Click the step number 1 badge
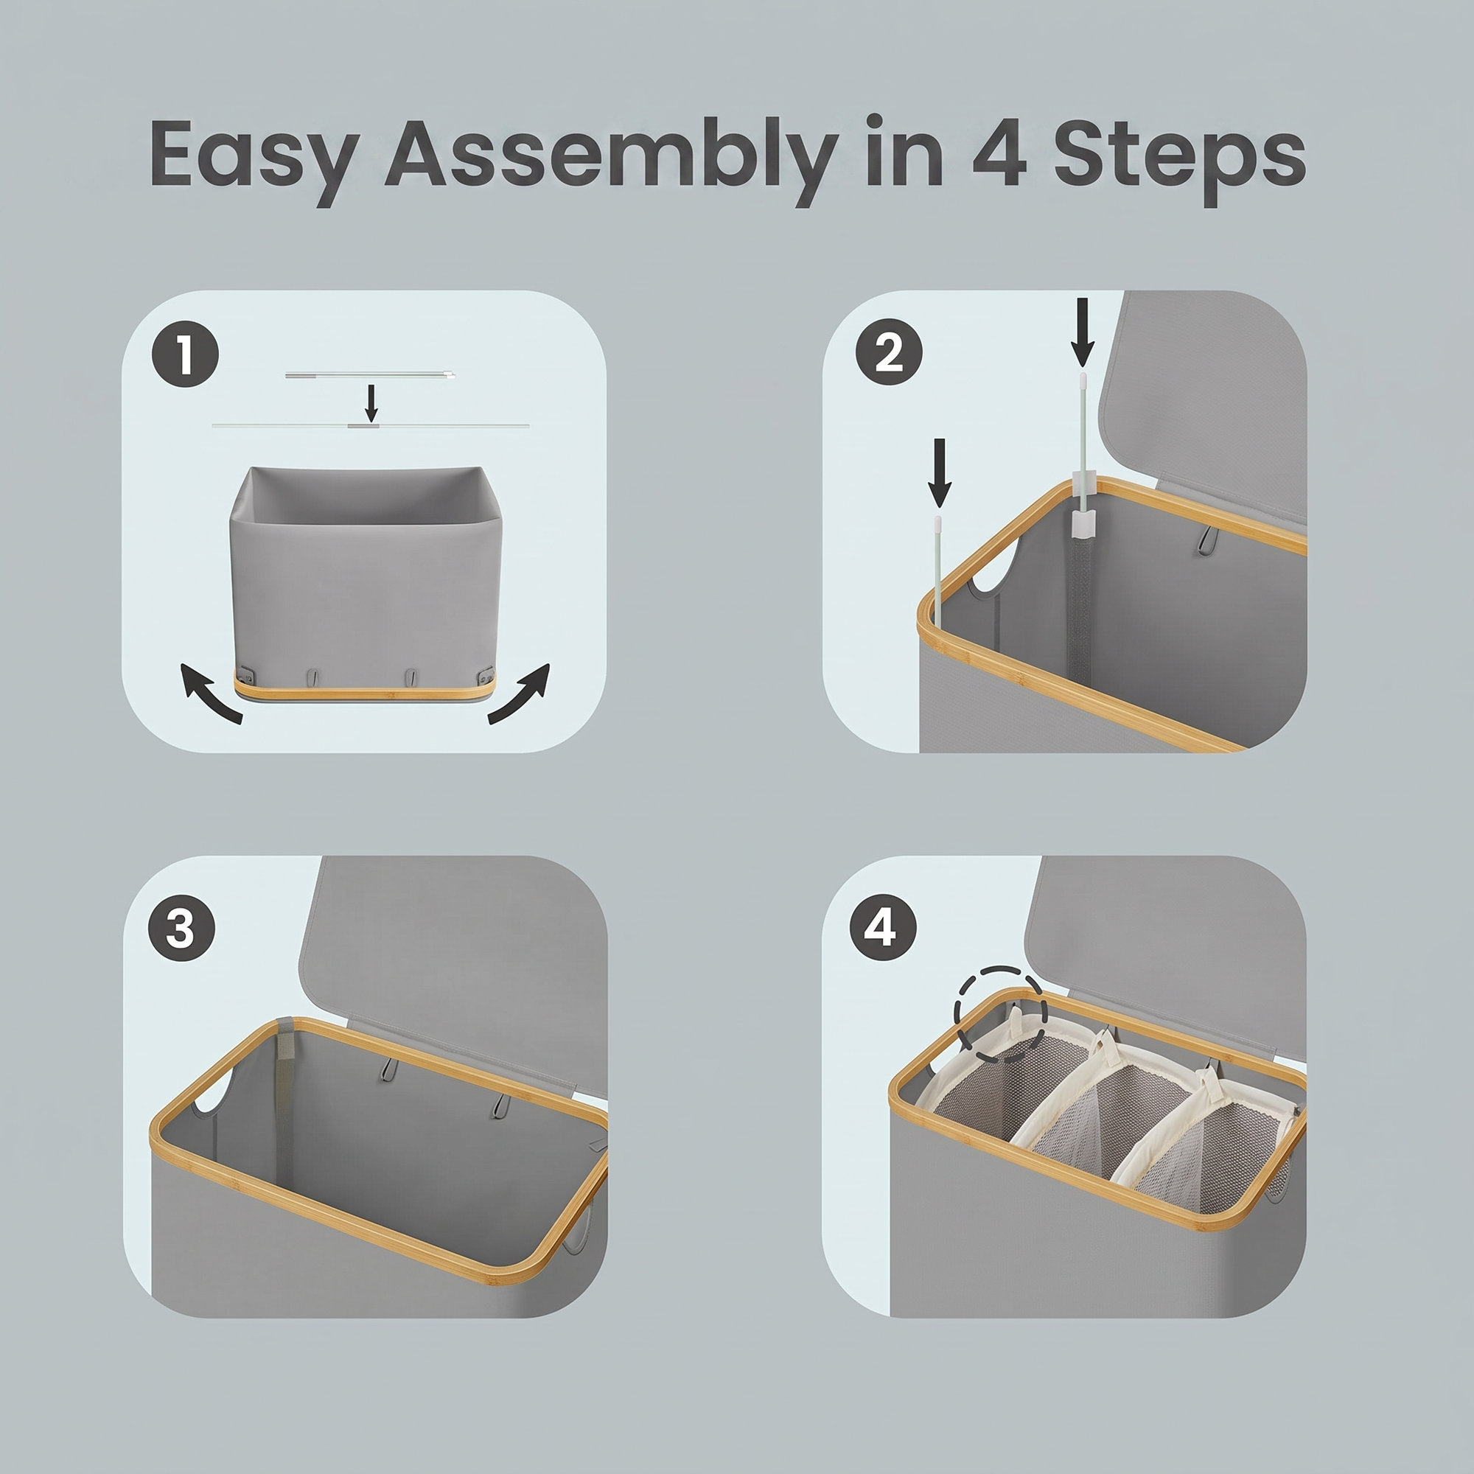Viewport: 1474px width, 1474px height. pyautogui.click(x=186, y=354)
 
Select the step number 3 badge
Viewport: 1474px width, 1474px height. pyautogui.click(x=181, y=929)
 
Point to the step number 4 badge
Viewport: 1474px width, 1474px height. pyautogui.click(x=883, y=929)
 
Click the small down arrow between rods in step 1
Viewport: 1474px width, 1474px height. pyautogui.click(x=371, y=403)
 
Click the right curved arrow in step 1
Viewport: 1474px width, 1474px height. pyautogui.click(x=520, y=694)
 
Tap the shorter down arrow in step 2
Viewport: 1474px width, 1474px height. pyautogui.click(x=939, y=473)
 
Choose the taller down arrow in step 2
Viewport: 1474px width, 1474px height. pyautogui.click(x=1082, y=331)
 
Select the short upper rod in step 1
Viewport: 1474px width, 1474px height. pyautogui.click(x=371, y=374)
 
